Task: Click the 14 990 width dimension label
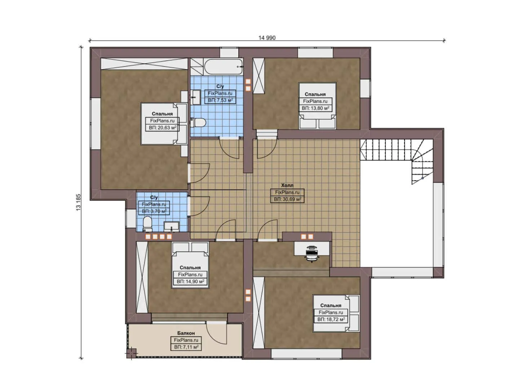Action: click(267, 38)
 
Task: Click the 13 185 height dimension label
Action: click(79, 202)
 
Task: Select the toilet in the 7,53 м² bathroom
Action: click(198, 123)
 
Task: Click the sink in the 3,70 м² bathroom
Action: click(172, 227)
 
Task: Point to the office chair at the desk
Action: click(311, 253)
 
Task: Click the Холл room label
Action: click(287, 185)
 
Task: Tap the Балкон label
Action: click(186, 333)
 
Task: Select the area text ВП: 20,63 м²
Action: click(163, 128)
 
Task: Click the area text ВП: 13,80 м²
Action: click(315, 108)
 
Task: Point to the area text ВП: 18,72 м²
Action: click(331, 319)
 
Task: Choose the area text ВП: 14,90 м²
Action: click(190, 282)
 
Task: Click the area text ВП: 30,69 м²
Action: click(287, 199)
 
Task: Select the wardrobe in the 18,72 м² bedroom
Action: click(259, 312)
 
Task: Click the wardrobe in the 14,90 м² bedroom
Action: click(142, 277)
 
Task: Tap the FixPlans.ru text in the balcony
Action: click(186, 340)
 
